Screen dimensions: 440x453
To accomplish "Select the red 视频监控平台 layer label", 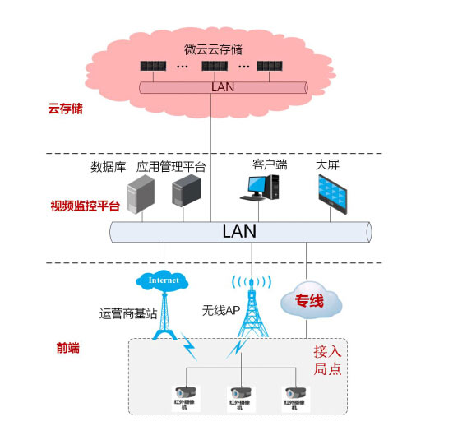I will pyautogui.click(x=86, y=206).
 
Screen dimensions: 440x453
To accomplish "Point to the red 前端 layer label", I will pyautogui.click(x=68, y=348).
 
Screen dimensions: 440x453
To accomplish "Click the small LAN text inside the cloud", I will pyautogui.click(x=223, y=86).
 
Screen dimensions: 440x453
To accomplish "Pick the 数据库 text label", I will pyautogui.click(x=108, y=167).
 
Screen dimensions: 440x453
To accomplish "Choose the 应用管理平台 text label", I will pyautogui.click(x=171, y=167).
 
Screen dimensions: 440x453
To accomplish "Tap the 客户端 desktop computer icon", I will pyautogui.click(x=256, y=189).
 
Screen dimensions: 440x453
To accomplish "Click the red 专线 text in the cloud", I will pyautogui.click(x=309, y=302).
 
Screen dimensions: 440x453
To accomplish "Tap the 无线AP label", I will pyautogui.click(x=220, y=310).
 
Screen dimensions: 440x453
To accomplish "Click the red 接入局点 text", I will pyautogui.click(x=327, y=359).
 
